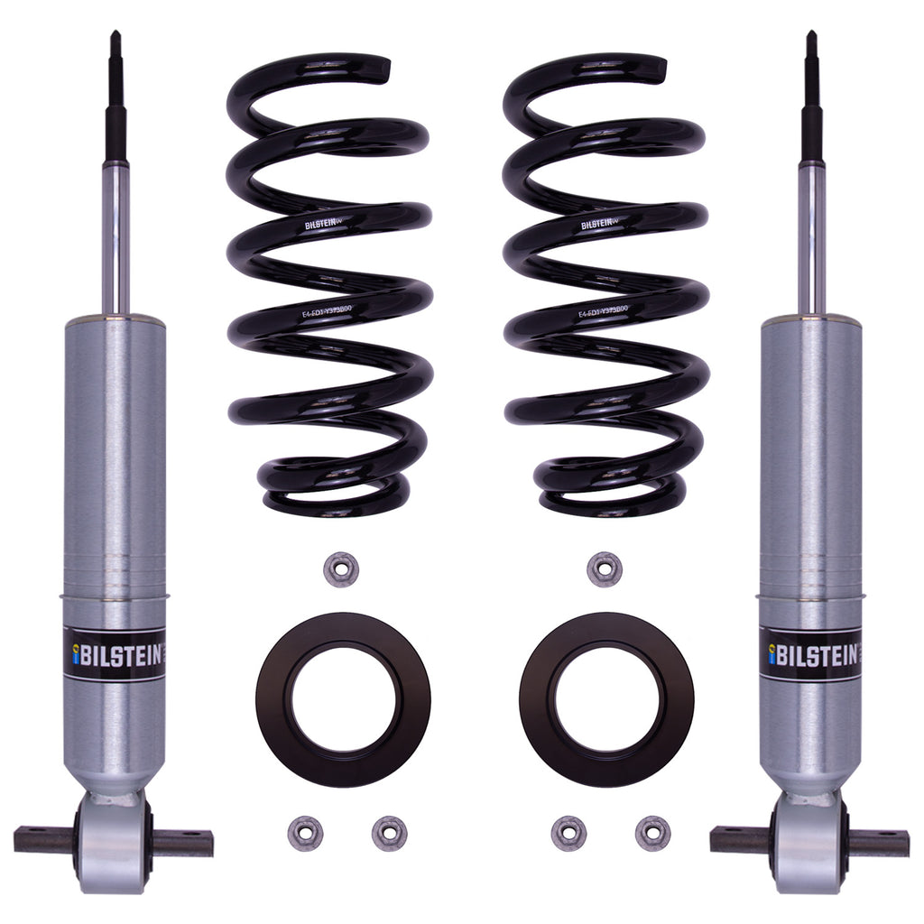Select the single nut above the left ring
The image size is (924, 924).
click(341, 569)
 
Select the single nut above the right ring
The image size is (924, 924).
click(604, 569)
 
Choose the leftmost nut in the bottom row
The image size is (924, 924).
click(306, 832)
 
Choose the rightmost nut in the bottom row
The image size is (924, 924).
click(651, 832)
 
